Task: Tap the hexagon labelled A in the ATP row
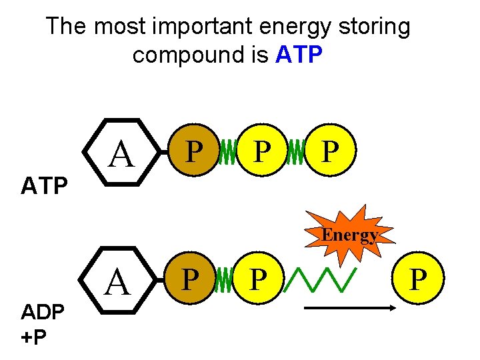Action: tap(121, 154)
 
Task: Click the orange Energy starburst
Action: tap(350, 234)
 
